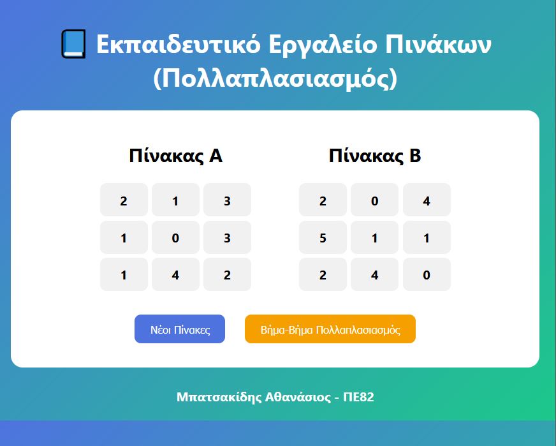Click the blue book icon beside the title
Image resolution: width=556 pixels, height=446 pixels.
[x=73, y=44]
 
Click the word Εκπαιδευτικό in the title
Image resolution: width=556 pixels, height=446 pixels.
[x=179, y=44]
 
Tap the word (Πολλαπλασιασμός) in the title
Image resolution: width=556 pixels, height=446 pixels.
[x=275, y=78]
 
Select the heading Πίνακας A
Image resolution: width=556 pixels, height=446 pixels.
[x=175, y=156]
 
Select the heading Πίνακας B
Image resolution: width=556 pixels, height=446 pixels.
[x=375, y=156]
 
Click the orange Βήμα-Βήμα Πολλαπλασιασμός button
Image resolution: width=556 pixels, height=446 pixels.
[x=330, y=329]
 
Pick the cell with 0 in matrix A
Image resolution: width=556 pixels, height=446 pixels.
[x=175, y=237]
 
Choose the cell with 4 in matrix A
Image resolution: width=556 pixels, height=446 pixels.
[x=175, y=274]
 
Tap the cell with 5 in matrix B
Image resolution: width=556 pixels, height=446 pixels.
[x=323, y=237]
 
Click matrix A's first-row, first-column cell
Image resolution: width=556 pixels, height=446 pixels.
[x=124, y=200]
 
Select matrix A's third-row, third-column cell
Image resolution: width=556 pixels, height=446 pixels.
[x=227, y=274]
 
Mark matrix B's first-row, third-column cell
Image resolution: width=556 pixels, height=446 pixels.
[x=427, y=200]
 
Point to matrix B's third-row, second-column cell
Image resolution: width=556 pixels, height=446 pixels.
[x=374, y=274]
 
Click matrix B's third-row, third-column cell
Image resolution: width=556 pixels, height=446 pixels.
[x=427, y=274]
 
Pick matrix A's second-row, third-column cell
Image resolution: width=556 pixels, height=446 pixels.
[x=227, y=237]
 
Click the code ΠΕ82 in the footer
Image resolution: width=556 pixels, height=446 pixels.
[x=358, y=397]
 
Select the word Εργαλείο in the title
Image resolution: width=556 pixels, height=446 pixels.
[x=323, y=45]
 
